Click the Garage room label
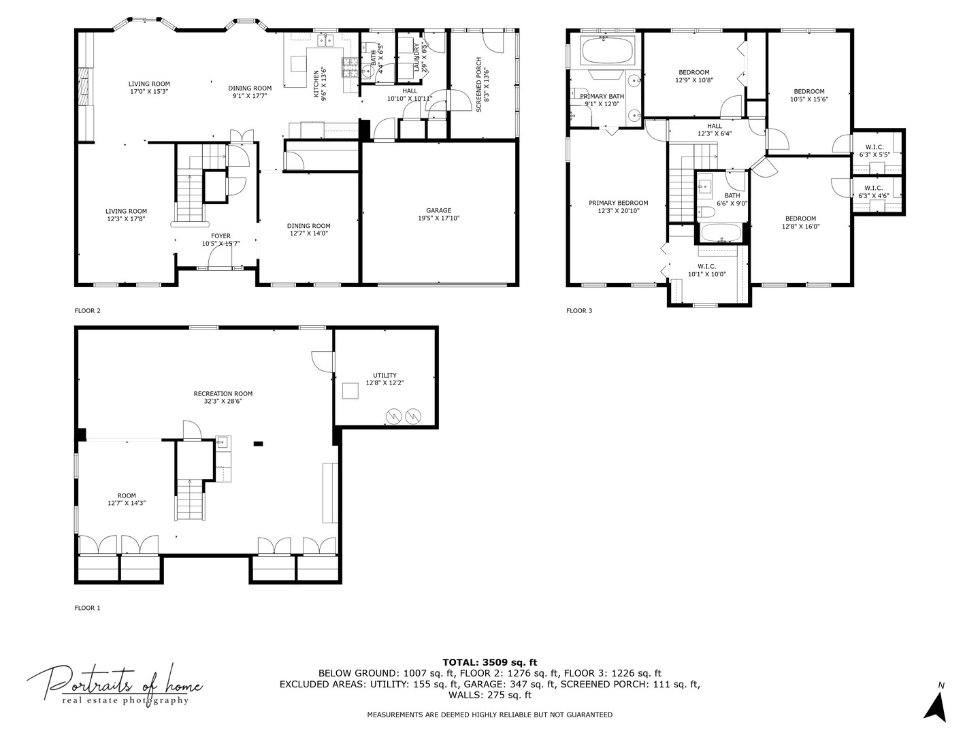coord(438,214)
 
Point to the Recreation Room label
coord(223,397)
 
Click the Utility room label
coord(385,379)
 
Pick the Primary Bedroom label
coord(618,206)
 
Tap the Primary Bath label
coord(602,100)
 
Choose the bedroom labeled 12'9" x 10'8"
coord(693,76)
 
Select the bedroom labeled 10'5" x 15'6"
coord(808,95)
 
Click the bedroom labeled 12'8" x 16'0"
coord(800,223)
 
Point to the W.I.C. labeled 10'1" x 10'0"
coord(706,270)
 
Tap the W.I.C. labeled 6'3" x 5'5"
coord(874,150)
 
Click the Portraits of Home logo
coord(114,684)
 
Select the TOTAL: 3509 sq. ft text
coord(489,661)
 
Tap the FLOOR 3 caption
coord(579,311)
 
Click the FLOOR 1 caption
coord(87,608)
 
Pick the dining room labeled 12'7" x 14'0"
coord(308,230)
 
